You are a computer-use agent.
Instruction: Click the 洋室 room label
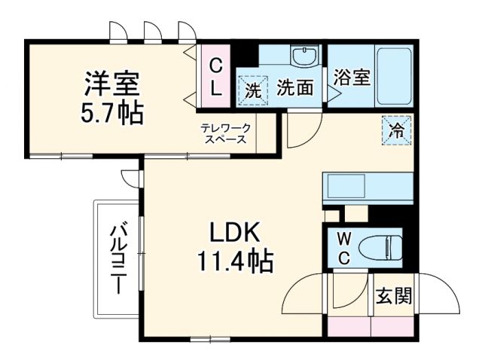(x=110, y=79)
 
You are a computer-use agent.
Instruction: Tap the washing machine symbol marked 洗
(x=254, y=89)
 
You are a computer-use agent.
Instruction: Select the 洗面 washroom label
(x=294, y=88)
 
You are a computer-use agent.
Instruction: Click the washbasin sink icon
(x=306, y=56)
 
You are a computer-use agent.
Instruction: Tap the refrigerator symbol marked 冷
(x=396, y=129)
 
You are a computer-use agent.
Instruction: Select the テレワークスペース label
(x=224, y=133)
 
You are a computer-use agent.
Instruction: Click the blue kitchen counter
(x=368, y=185)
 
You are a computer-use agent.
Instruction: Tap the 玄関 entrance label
(x=394, y=296)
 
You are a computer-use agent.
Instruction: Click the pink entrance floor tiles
(x=371, y=325)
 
